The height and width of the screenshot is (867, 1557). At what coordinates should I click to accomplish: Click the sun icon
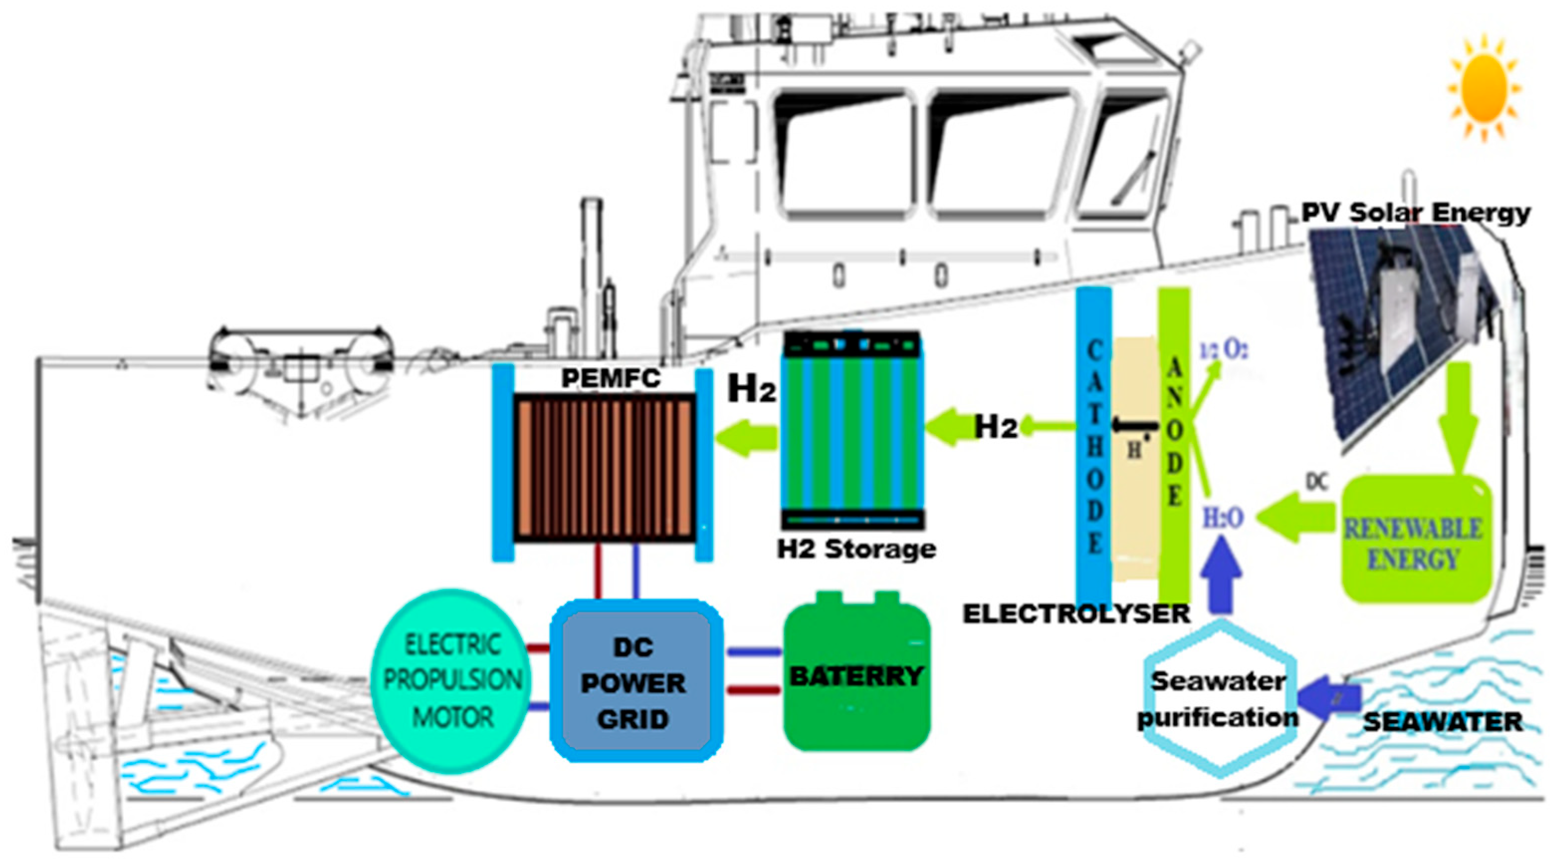[1484, 88]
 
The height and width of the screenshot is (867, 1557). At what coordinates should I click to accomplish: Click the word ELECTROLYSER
[1076, 614]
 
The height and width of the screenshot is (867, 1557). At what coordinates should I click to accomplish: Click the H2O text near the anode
[1223, 518]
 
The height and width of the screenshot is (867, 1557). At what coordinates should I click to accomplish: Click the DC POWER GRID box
[634, 681]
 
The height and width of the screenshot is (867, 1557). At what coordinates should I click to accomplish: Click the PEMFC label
[611, 378]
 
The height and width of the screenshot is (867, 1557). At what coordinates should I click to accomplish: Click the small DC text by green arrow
[1317, 482]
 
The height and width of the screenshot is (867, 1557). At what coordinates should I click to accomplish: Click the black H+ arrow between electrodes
[1135, 426]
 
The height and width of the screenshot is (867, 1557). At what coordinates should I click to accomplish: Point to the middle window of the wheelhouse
[1003, 154]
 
